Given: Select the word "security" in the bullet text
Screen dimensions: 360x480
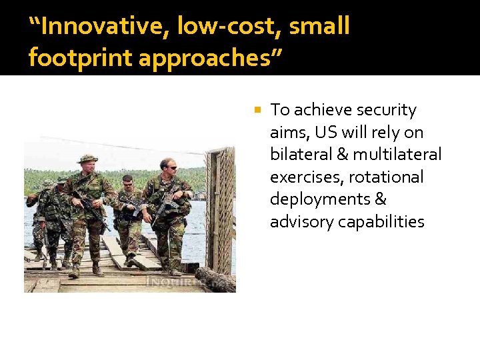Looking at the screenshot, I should click(386, 110).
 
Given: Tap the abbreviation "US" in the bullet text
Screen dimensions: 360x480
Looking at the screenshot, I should click(326, 132).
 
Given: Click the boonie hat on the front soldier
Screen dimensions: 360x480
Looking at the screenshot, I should click(87, 159).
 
